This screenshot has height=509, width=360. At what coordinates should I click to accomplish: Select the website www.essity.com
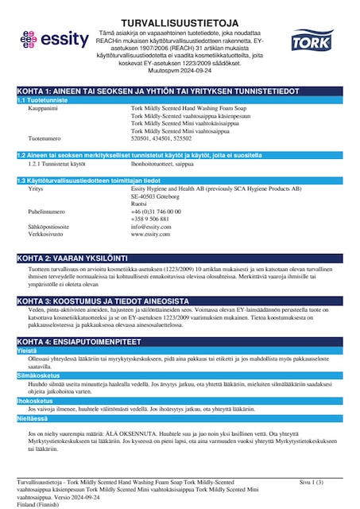(x=150, y=234)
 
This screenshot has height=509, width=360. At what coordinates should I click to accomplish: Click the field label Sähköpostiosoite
(x=48, y=226)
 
